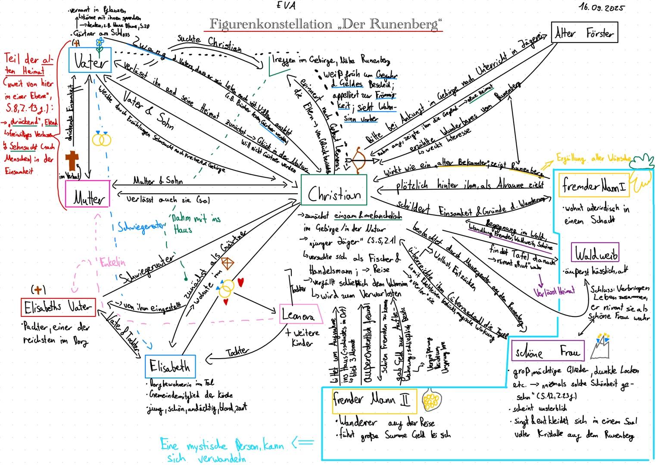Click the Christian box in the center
coord(334,195)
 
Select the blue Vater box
coord(90,60)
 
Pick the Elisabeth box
coord(170,366)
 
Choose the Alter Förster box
coord(584,33)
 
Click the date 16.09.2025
coord(602,8)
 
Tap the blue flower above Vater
coord(100,42)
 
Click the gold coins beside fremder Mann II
coord(431,399)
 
